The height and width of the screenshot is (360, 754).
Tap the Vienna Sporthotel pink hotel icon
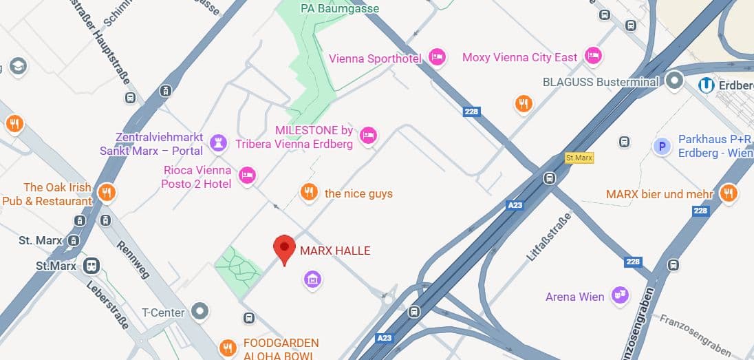click(x=436, y=57)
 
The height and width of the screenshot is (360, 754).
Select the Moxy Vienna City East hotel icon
click(x=592, y=56)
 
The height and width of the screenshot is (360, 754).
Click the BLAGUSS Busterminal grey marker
click(x=674, y=81)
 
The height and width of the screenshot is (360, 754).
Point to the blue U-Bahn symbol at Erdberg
click(x=706, y=85)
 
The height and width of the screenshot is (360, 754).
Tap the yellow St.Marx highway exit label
click(x=579, y=158)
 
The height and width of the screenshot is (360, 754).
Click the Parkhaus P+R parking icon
click(x=662, y=146)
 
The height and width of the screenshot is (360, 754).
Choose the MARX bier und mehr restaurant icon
click(x=729, y=193)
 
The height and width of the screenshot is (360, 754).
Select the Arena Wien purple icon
click(x=621, y=295)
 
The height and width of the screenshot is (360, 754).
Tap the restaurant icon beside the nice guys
click(x=309, y=192)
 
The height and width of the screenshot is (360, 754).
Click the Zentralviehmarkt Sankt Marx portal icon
click(x=218, y=142)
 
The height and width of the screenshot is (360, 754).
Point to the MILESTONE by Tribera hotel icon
click(x=369, y=136)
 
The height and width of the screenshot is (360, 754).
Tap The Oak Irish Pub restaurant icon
click(x=105, y=192)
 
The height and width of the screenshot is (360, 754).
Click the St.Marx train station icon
click(x=91, y=266)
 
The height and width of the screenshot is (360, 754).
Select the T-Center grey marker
click(x=200, y=312)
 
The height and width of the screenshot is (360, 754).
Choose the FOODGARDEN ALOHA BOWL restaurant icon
click(x=228, y=348)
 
